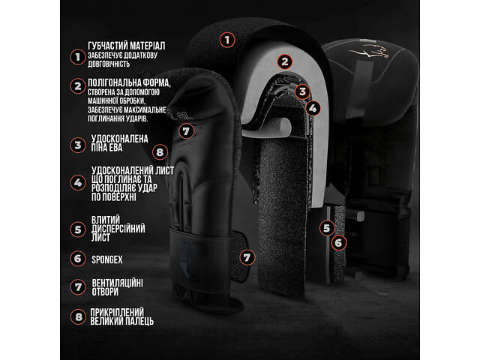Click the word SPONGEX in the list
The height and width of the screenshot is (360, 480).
tap(107, 260)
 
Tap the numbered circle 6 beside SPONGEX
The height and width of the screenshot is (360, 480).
tap(78, 259)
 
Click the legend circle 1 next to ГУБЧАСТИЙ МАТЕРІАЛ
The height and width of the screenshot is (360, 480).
tap(78, 57)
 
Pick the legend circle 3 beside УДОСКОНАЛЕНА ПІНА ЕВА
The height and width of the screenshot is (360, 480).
tap(78, 145)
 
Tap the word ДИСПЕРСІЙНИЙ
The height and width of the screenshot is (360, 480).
tap(118, 229)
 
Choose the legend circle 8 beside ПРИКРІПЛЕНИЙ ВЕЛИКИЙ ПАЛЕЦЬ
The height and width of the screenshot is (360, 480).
tap(78, 316)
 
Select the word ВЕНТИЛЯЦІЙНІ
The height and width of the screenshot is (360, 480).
tap(117, 283)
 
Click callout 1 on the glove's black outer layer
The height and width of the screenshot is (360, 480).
tap(227, 40)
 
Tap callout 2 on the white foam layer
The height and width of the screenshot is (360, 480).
tap(285, 61)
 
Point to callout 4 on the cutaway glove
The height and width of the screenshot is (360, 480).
tap(313, 108)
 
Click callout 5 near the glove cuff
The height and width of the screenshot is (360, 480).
tap(327, 228)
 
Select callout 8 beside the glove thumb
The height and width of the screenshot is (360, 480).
tap(160, 152)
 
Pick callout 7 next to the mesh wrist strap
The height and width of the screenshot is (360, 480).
tap(247, 257)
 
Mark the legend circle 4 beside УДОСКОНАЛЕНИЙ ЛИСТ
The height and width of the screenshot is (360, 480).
tap(78, 183)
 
